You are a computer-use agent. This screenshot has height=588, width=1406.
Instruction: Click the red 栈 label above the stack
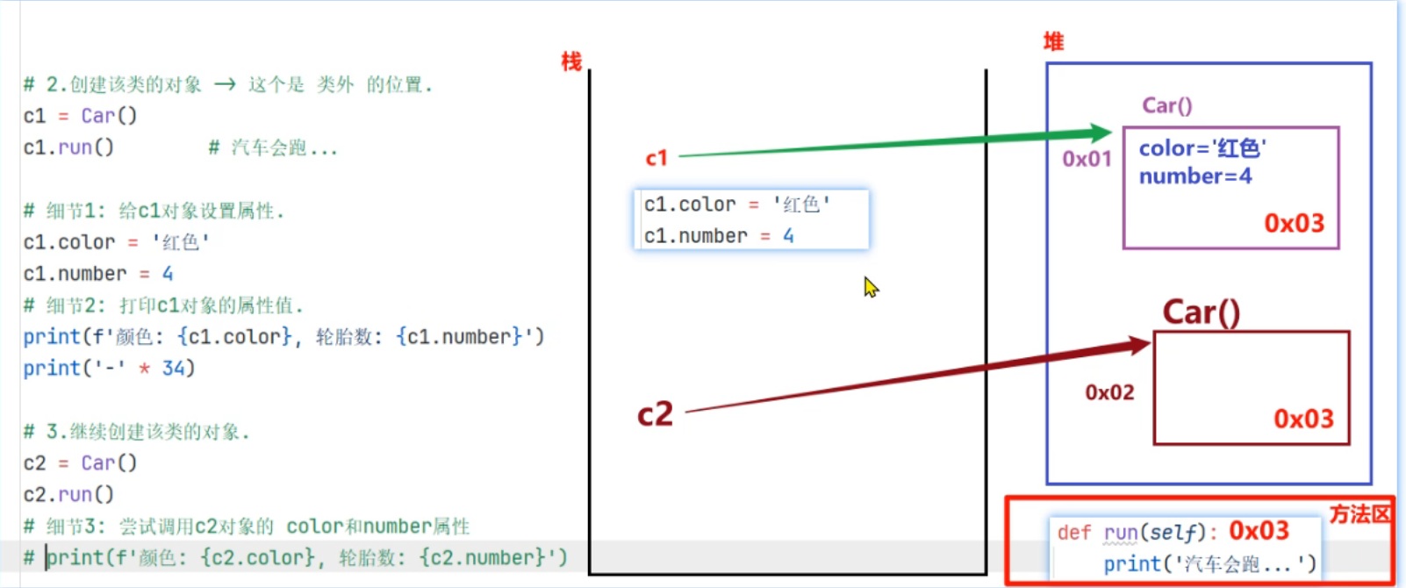pos(571,61)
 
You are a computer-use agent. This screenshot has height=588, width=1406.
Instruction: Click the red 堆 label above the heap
pos(1053,41)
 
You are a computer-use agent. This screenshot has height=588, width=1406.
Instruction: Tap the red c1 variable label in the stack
pos(656,158)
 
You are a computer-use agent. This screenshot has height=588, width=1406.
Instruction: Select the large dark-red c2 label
pos(655,414)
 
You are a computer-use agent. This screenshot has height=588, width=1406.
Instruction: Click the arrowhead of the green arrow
pos(1101,133)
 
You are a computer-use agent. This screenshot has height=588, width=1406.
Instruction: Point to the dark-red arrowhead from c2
pos(1140,344)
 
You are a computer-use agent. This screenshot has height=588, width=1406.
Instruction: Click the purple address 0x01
pos(1087,159)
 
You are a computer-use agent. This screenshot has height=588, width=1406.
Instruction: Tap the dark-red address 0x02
pos(1109,392)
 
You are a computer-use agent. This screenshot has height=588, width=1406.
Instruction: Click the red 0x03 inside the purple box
pos(1294,224)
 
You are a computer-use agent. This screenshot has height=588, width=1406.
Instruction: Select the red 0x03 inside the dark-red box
pos(1303,419)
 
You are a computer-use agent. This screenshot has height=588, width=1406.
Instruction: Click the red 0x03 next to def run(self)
pos(1259,531)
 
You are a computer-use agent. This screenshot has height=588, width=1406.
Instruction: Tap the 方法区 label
pos(1359,514)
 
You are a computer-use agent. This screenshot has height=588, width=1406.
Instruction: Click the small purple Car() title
pos(1166,105)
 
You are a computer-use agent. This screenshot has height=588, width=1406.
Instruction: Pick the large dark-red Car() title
pos(1201,312)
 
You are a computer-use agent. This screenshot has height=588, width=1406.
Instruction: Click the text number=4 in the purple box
pos(1195,176)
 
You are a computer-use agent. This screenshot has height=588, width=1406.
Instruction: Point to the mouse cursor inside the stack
pos(870,286)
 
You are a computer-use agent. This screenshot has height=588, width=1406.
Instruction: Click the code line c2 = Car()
pos(80,463)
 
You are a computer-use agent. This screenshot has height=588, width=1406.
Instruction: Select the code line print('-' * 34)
pos(109,368)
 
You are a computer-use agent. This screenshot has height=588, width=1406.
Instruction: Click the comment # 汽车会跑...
pos(272,147)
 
